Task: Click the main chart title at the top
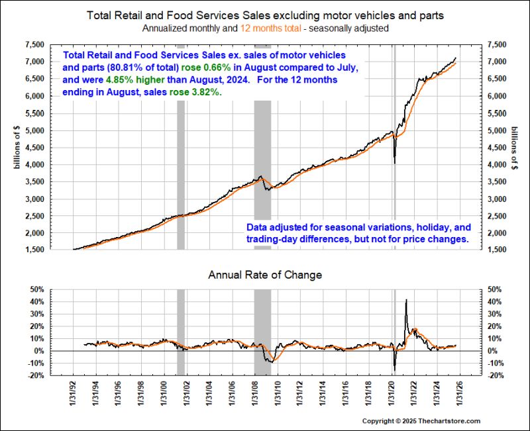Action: tap(265, 15)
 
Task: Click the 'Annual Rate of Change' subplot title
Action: tap(265, 274)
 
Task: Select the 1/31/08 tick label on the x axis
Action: tap(254, 398)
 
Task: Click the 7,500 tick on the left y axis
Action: tap(35, 44)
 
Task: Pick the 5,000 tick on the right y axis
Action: tap(498, 130)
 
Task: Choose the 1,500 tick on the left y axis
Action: tap(35, 250)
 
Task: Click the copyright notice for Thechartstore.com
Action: tap(440, 421)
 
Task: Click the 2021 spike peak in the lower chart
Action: tap(405, 301)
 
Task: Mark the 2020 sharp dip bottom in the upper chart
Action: tap(395, 163)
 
